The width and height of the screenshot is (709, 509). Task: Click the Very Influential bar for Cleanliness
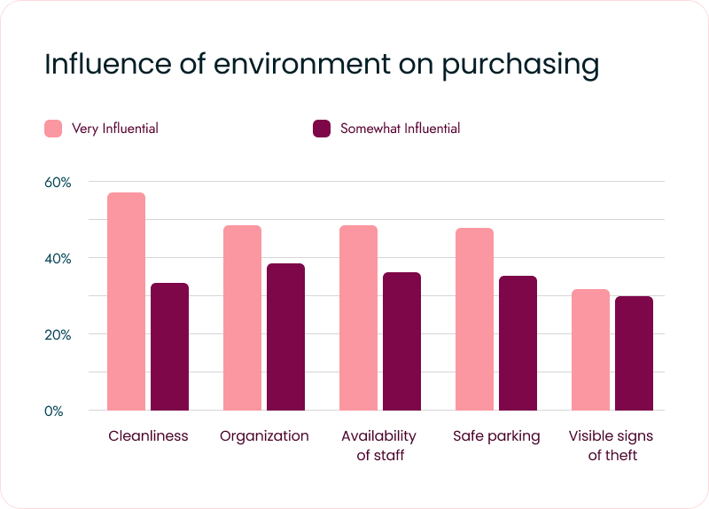click(126, 301)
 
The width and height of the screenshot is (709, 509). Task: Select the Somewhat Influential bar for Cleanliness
click(169, 347)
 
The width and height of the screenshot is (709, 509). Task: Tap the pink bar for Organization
click(242, 317)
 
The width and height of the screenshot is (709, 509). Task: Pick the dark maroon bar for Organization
click(285, 337)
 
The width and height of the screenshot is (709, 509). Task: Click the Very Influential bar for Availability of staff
click(358, 317)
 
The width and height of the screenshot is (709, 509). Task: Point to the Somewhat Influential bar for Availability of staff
click(401, 341)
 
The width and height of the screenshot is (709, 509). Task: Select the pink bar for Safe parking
click(474, 319)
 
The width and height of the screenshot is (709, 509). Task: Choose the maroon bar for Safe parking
click(518, 343)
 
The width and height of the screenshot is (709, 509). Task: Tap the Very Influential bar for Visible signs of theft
click(590, 349)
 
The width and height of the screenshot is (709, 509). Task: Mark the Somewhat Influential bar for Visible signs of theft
click(634, 353)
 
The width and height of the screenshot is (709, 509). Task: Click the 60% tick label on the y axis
click(58, 182)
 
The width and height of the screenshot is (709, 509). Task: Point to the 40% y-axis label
click(58, 258)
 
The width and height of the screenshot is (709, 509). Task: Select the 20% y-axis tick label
click(58, 334)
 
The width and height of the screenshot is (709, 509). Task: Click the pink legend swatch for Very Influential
click(53, 129)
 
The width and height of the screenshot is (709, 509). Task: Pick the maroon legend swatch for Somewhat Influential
click(322, 129)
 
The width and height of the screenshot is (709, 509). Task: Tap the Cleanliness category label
click(148, 435)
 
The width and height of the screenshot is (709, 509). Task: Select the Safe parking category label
click(496, 435)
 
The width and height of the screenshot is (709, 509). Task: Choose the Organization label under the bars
click(264, 435)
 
